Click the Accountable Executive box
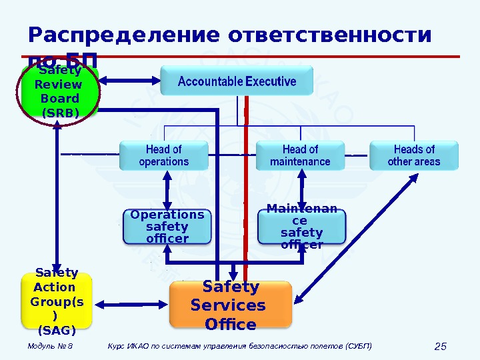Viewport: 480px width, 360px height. click(237, 81)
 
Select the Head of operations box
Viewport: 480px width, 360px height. click(163, 155)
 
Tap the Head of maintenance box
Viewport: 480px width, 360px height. click(300, 155)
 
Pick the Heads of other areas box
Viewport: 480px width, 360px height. click(414, 155)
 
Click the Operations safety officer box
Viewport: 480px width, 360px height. click(167, 227)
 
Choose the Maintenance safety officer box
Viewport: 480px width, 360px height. click(302, 227)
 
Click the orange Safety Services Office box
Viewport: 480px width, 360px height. click(231, 305)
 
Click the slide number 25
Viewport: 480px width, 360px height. click(440, 346)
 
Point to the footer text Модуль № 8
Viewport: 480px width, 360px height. click(51, 346)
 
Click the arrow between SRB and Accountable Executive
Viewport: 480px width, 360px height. click(130, 81)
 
